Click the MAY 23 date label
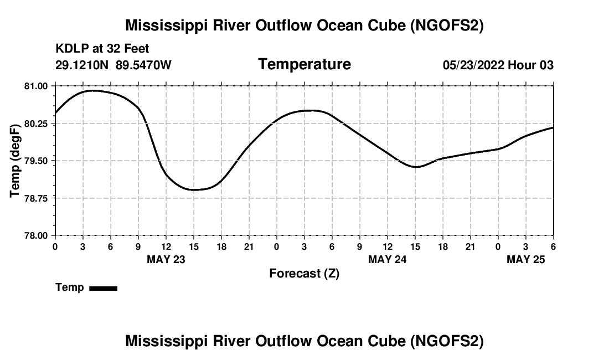pyautogui.click(x=166, y=259)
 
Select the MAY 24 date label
pyautogui.click(x=388, y=259)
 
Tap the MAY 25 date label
pyautogui.click(x=526, y=259)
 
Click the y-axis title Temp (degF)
pyautogui.click(x=15, y=161)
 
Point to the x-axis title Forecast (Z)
pyautogui.click(x=304, y=274)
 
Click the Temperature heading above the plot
pyautogui.click(x=304, y=64)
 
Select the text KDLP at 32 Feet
pyautogui.click(x=102, y=49)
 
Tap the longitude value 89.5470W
pyautogui.click(x=143, y=65)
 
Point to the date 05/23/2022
pyautogui.click(x=473, y=65)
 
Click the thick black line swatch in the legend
pyautogui.click(x=104, y=288)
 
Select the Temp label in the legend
pyautogui.click(x=70, y=287)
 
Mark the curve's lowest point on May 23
pyautogui.click(x=194, y=190)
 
